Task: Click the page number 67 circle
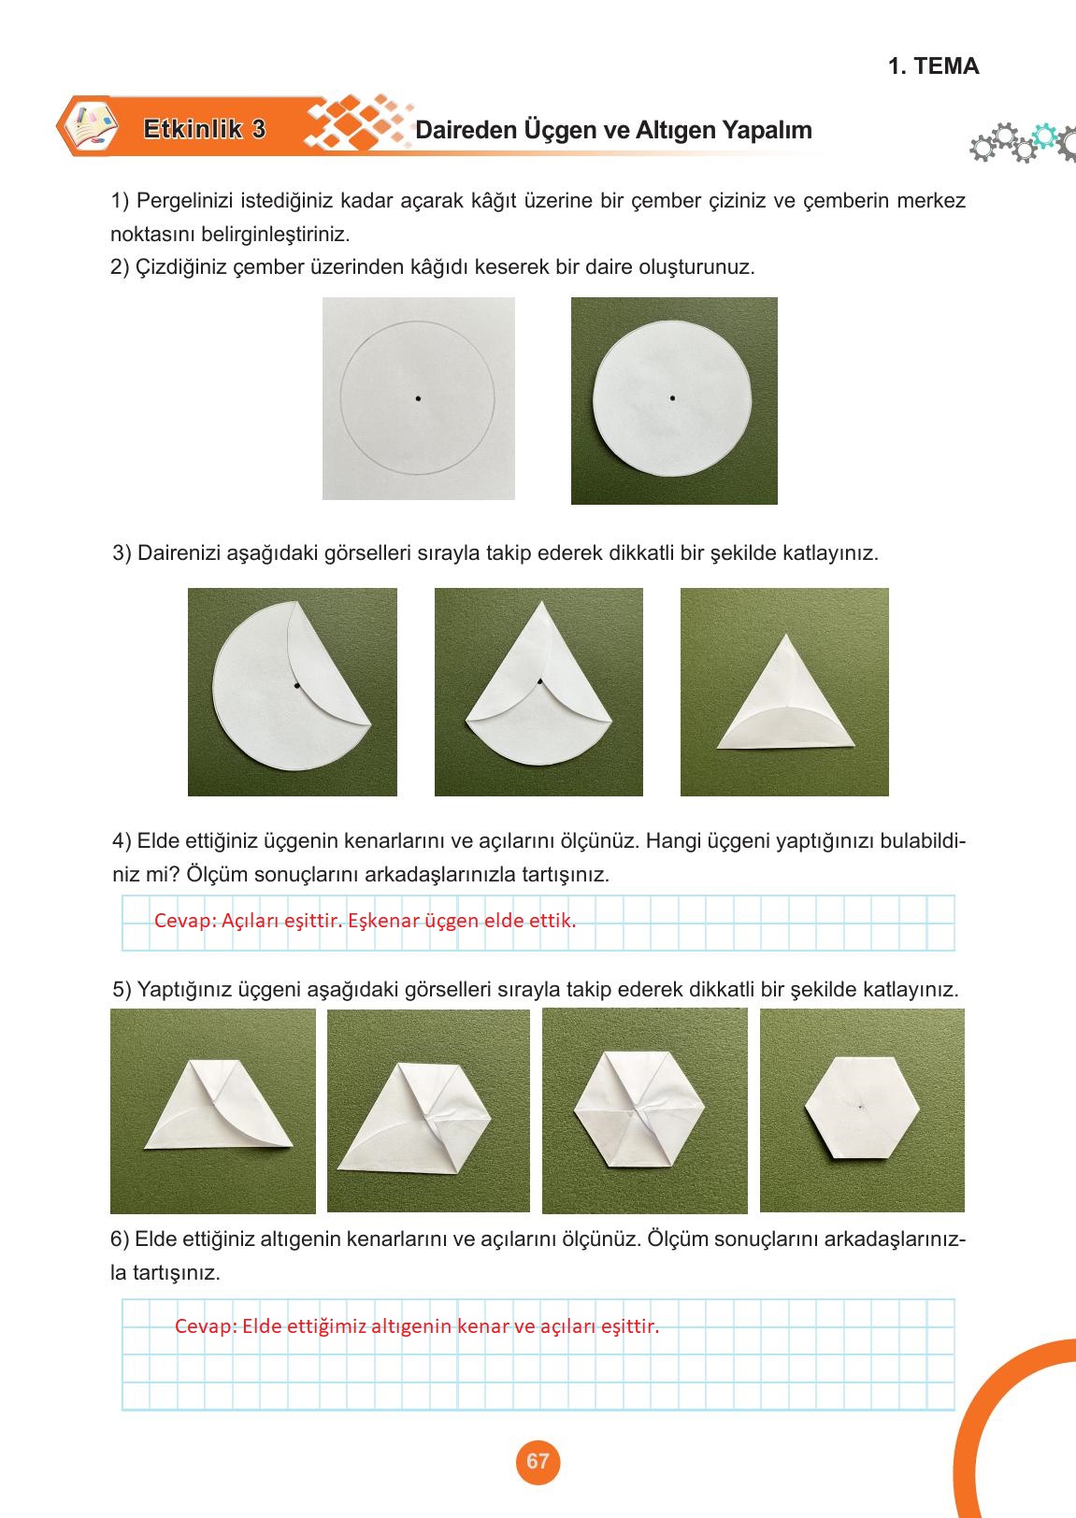[x=538, y=1462]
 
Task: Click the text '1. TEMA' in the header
[x=933, y=66]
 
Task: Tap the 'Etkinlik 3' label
[x=204, y=130]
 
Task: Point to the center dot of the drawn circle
[x=418, y=399]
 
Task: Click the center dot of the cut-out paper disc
[x=672, y=398]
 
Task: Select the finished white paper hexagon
[x=862, y=1108]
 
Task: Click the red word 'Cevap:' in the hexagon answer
[x=205, y=1325]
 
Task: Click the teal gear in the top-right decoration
[x=1043, y=136]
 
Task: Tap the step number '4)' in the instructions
[x=122, y=840]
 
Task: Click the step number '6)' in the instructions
[x=121, y=1239]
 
